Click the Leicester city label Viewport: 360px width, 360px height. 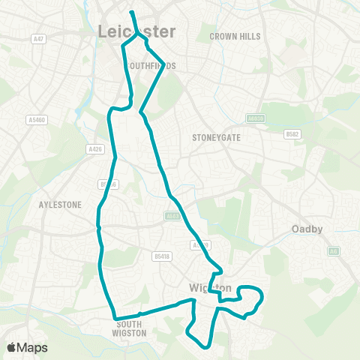click(136, 31)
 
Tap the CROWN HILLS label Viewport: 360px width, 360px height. click(235, 36)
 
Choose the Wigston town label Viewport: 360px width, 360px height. click(210, 288)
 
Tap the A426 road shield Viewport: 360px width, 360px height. click(95, 149)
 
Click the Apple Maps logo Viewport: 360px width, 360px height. click(27, 348)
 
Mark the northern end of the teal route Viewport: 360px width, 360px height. click(132, 12)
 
